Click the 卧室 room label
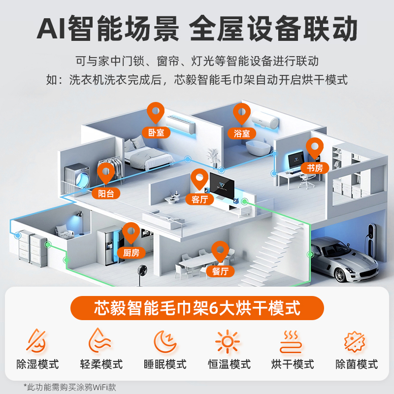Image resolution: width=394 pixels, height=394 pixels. (x=156, y=132)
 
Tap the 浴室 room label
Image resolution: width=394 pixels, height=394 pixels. (x=242, y=133)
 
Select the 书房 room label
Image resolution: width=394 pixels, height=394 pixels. (x=315, y=168)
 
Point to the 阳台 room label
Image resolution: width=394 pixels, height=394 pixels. (x=106, y=193)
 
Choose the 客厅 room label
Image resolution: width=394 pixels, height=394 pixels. (x=199, y=199)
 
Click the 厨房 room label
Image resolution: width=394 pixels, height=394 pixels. (x=131, y=253)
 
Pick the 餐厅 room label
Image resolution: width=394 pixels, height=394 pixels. (x=220, y=271)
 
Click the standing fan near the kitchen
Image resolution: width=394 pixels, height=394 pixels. (x=143, y=274)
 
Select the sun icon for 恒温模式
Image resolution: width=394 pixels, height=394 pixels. (x=229, y=341)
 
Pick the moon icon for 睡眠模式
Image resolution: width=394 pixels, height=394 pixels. (x=165, y=341)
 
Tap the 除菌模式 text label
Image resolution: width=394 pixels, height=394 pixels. (x=357, y=365)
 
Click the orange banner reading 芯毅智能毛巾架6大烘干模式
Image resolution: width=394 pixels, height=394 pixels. (x=197, y=308)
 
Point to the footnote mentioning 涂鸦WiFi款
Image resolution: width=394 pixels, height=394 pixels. (x=69, y=387)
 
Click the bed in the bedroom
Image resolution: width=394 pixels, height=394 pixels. (x=143, y=155)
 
